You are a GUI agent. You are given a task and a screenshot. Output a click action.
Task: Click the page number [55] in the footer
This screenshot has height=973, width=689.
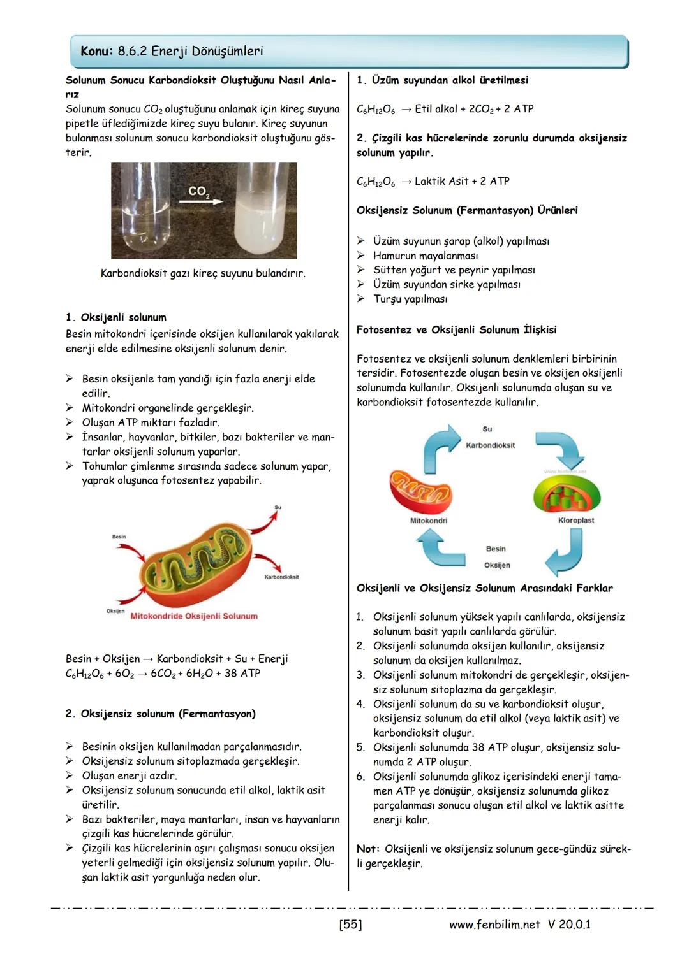pyautogui.click(x=350, y=924)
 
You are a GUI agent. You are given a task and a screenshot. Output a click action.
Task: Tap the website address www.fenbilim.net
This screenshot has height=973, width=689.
pyautogui.click(x=494, y=924)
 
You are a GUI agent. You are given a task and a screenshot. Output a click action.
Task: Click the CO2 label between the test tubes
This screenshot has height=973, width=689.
pyautogui.click(x=199, y=191)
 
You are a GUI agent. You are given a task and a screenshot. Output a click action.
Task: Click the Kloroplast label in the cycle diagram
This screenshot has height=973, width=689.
pyautogui.click(x=575, y=521)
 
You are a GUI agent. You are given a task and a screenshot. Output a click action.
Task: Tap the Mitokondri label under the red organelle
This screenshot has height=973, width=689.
pyautogui.click(x=428, y=521)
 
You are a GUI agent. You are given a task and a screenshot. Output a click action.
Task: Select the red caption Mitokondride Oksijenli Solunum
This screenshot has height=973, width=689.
pyautogui.click(x=194, y=616)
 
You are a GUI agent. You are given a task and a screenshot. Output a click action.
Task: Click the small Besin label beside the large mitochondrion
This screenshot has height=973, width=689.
pyautogui.click(x=119, y=537)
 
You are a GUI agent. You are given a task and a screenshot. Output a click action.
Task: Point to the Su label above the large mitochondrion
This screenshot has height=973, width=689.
pyautogui.click(x=278, y=507)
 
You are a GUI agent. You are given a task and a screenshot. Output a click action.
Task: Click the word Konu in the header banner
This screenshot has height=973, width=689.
pyautogui.click(x=97, y=51)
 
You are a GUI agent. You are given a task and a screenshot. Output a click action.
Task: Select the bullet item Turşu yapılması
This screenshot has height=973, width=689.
pyautogui.click(x=410, y=299)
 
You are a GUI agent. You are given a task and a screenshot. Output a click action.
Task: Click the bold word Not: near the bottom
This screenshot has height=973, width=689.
pyautogui.click(x=368, y=849)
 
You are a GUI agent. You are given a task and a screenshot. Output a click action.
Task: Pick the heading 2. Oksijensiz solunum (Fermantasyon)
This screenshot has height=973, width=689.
pyautogui.click(x=160, y=714)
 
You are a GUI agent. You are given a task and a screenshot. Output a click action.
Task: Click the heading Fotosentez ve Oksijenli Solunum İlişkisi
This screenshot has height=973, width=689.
pyautogui.click(x=456, y=329)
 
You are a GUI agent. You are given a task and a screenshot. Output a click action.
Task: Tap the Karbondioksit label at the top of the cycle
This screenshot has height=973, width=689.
pyautogui.click(x=490, y=445)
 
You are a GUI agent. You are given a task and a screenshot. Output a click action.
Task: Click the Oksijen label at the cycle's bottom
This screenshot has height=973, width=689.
pyautogui.click(x=497, y=565)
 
